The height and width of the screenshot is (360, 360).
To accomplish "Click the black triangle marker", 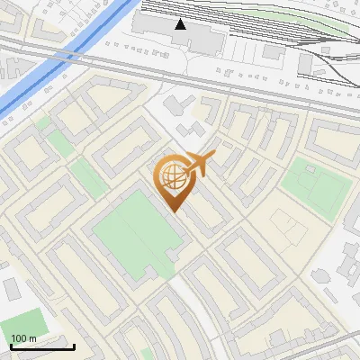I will [x=181, y=23].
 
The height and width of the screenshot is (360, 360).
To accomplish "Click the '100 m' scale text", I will [x=23, y=338].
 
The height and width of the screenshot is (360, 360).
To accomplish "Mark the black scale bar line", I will [x=42, y=346].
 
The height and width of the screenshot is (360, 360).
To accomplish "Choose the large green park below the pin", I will [x=135, y=234].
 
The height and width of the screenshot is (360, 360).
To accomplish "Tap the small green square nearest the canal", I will [x=59, y=142].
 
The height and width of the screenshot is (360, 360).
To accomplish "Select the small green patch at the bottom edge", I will [x=146, y=355].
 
